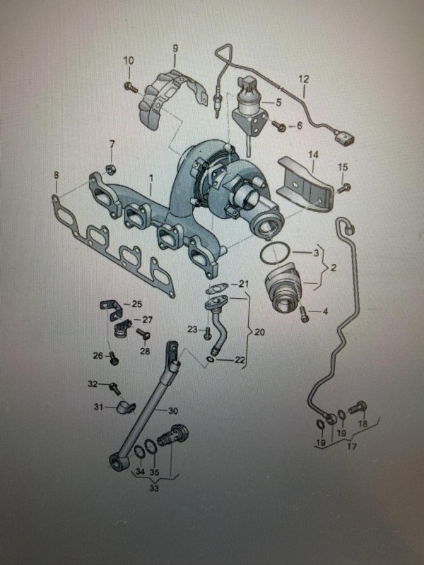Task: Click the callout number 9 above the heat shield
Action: tap(175, 48)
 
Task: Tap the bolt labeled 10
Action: tap(131, 86)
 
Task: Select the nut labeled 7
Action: tap(110, 169)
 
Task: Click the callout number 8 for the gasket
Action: tap(56, 175)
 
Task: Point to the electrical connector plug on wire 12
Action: tap(344, 138)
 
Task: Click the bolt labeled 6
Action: tap(279, 126)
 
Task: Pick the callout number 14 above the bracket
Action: tap(313, 155)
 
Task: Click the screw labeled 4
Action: tap(304, 314)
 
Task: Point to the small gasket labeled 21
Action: tap(216, 288)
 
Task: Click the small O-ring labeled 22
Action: tap(211, 359)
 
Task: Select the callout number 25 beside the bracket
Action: tap(136, 304)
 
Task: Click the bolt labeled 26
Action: tap(113, 358)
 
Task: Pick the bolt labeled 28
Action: tap(143, 333)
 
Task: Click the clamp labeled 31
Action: tap(126, 407)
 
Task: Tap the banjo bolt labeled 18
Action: tap(358, 408)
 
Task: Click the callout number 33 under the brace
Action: tap(154, 488)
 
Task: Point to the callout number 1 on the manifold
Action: tap(151, 178)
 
